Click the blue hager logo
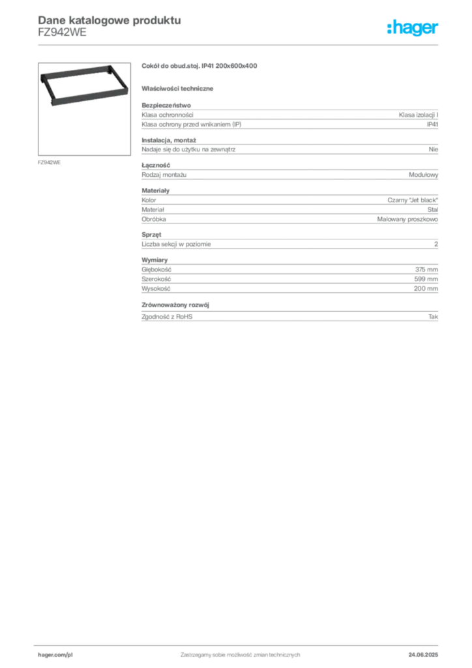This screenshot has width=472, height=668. (413, 29)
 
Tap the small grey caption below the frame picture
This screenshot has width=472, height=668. (50, 161)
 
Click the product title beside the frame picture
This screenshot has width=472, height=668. (201, 66)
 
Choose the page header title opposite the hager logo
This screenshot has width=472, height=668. (108, 20)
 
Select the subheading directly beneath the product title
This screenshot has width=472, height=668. (180, 88)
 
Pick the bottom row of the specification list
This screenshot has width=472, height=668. (289, 316)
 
